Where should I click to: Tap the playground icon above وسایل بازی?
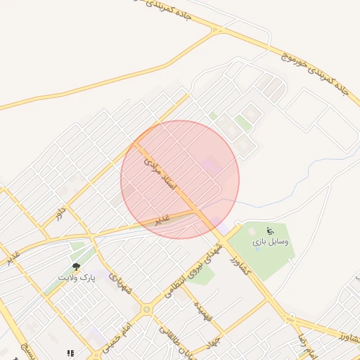point(269,231)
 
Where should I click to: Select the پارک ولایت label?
point(76,278)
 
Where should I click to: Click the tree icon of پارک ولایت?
point(76,267)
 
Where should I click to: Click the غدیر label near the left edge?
point(11,258)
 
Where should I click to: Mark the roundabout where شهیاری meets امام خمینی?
point(146,309)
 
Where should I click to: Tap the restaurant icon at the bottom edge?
point(70,353)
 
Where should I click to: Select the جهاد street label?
point(214,342)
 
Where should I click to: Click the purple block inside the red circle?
point(210,167)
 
